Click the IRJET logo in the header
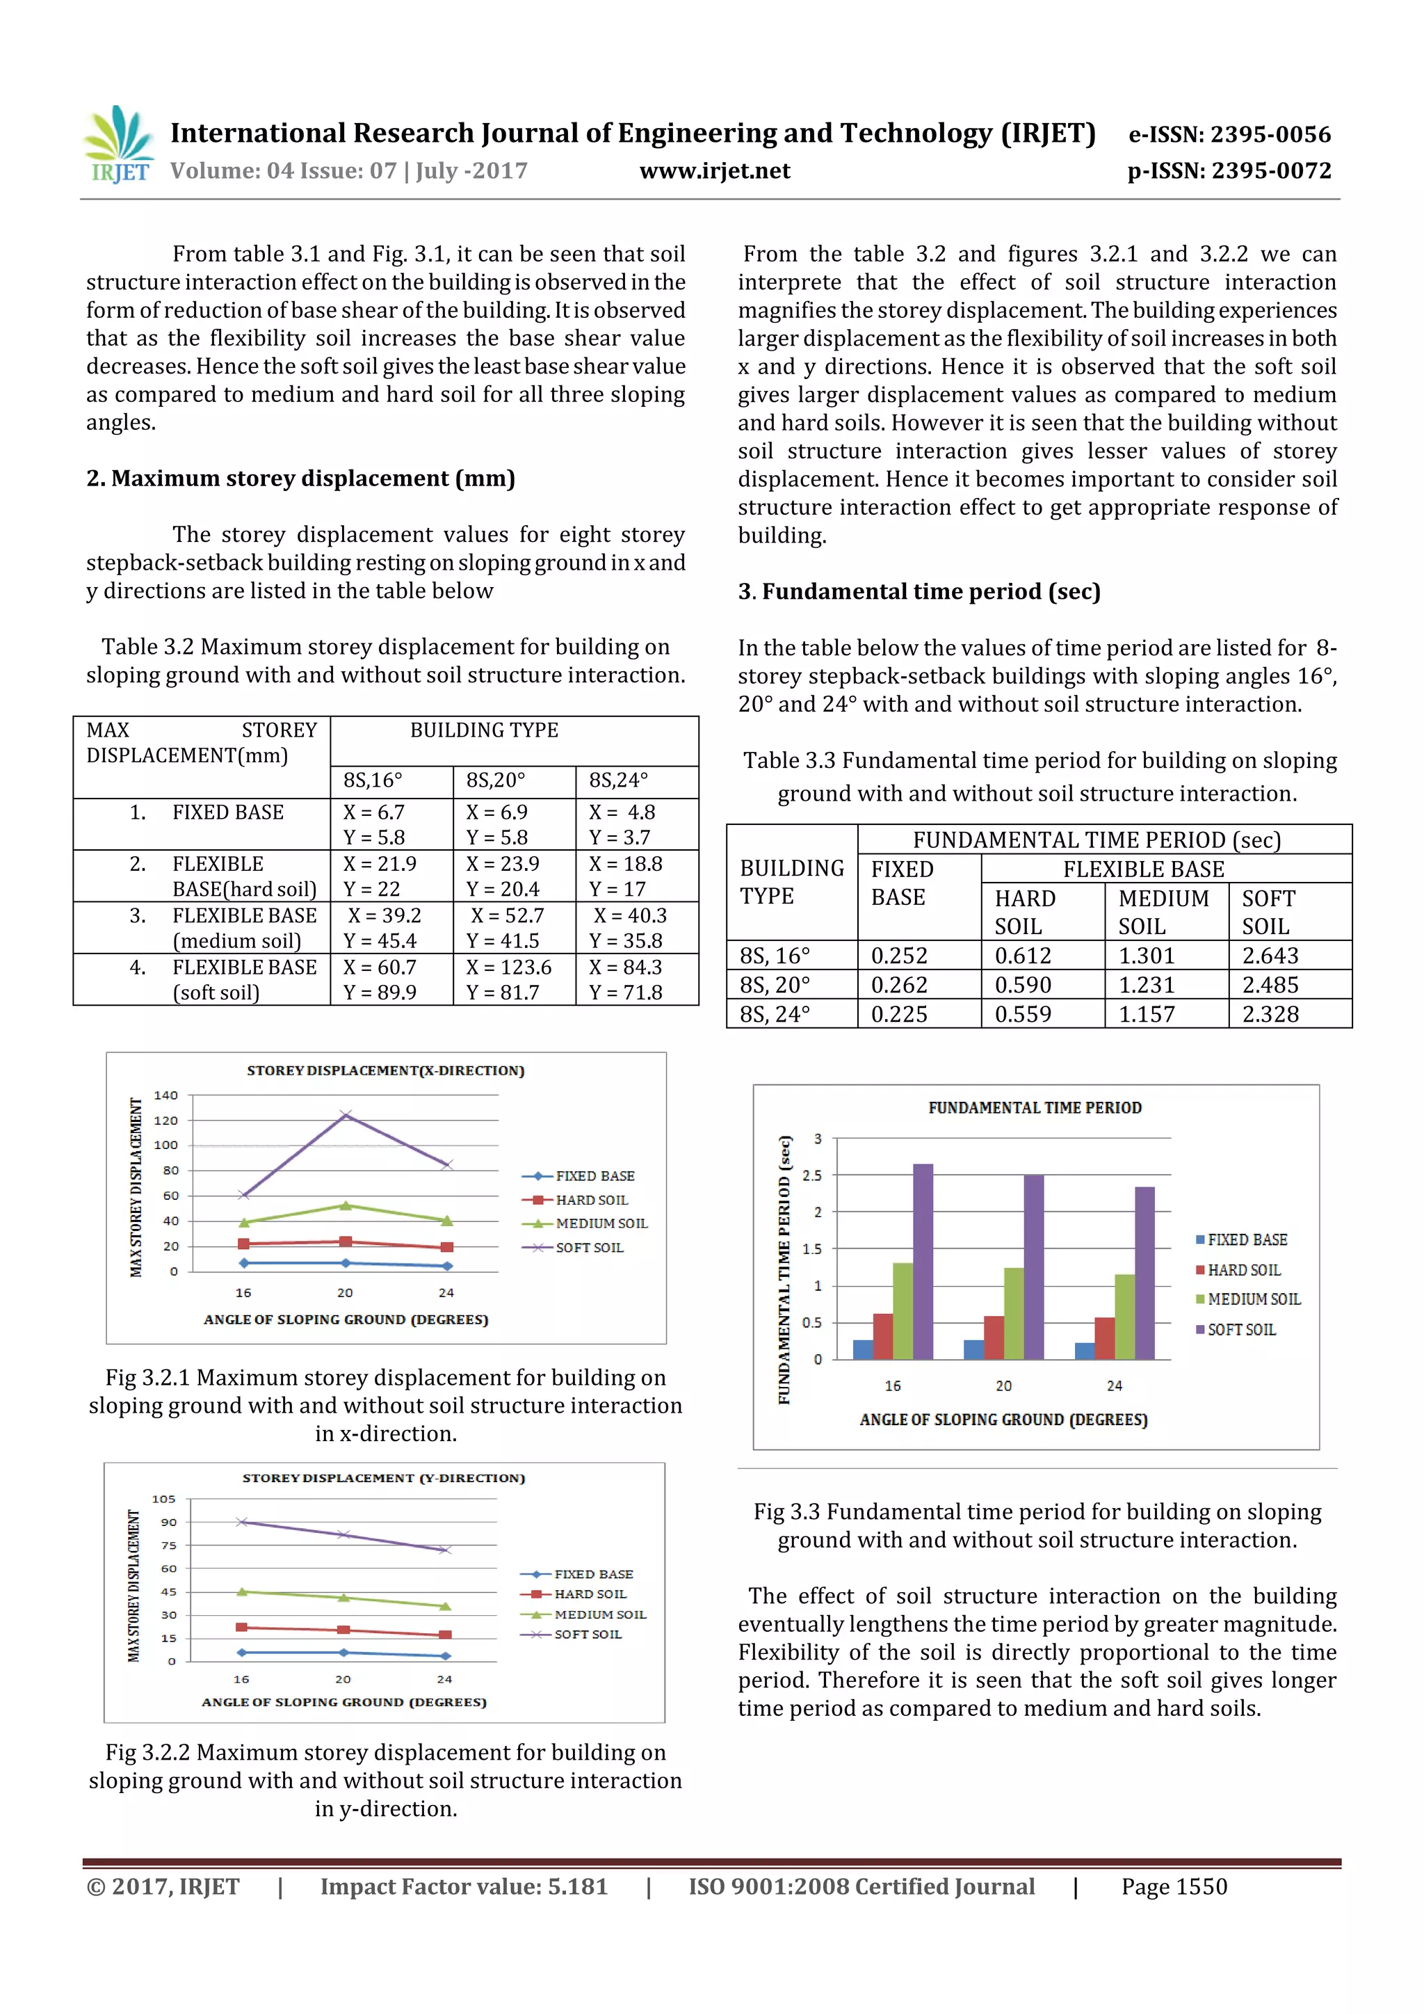click(118, 145)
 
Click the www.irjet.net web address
click(714, 171)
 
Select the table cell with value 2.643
click(1270, 955)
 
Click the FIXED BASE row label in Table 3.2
click(227, 812)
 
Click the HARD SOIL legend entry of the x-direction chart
click(590, 1200)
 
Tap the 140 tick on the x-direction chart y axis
click(165, 1095)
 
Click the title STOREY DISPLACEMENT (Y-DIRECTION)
click(383, 1478)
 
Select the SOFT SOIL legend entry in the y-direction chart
click(587, 1634)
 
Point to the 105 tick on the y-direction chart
click(164, 1499)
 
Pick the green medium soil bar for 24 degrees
click(1125, 1317)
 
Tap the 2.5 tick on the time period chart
click(812, 1175)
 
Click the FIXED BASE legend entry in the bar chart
click(1246, 1239)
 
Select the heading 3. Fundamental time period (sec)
click(919, 591)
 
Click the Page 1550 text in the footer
click(1173, 1887)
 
